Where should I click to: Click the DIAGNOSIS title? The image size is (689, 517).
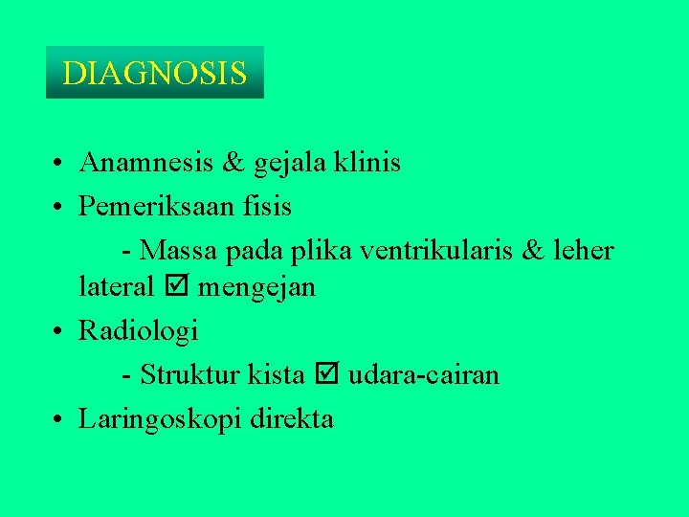click(x=154, y=73)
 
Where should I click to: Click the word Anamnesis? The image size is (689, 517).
click(x=145, y=163)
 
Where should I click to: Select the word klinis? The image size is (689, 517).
click(x=368, y=163)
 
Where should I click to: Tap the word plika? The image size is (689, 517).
click(x=320, y=251)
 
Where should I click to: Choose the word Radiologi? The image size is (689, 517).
click(x=139, y=331)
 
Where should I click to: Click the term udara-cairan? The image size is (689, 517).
click(x=423, y=374)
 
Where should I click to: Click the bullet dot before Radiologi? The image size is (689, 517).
click(x=59, y=332)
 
